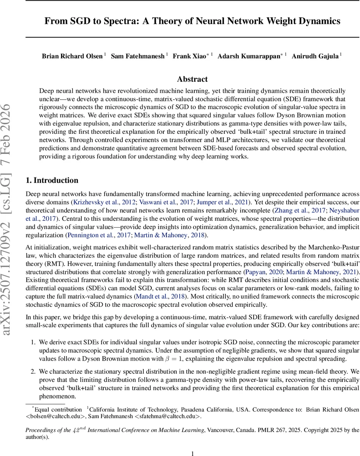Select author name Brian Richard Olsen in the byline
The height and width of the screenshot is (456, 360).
(72, 56)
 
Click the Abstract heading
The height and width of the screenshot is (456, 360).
(192, 79)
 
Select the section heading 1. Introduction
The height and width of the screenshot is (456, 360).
(52, 180)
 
